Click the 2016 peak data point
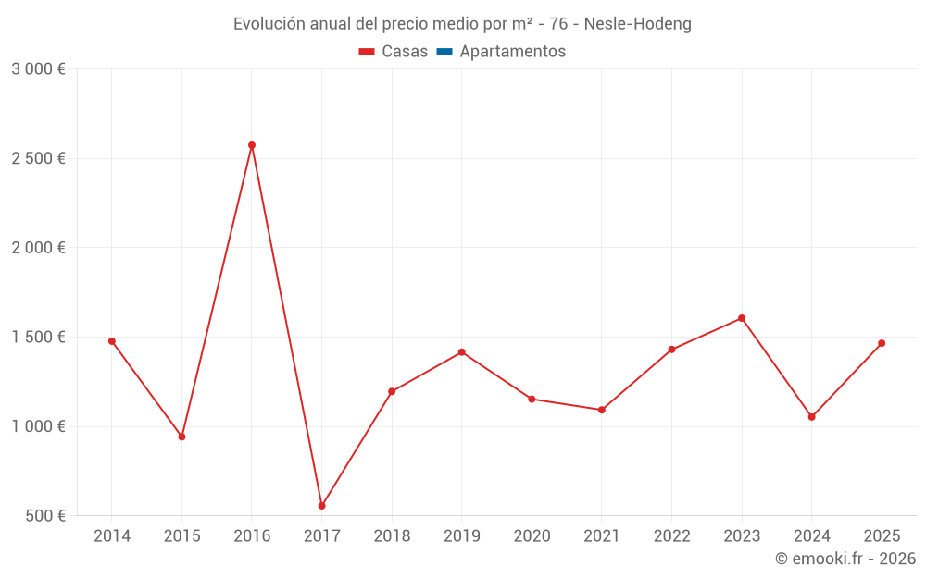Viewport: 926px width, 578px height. [x=252, y=145]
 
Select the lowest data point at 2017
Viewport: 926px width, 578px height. [x=322, y=506]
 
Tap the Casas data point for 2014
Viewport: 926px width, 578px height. [x=112, y=341]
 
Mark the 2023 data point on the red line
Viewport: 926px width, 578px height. [x=742, y=318]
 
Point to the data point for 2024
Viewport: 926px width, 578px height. [x=812, y=417]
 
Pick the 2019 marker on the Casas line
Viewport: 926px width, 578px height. [x=462, y=352]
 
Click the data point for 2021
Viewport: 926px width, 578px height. [x=602, y=410]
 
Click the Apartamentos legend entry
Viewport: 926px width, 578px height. [x=512, y=52]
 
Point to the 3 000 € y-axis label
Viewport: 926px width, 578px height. [x=38, y=69]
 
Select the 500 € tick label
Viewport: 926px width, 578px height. [x=44, y=516]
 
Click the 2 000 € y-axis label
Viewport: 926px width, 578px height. [x=38, y=248]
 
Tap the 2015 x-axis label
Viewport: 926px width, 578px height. [x=181, y=536]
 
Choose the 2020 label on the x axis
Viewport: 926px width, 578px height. [x=532, y=536]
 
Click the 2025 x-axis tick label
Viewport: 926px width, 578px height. [x=882, y=536]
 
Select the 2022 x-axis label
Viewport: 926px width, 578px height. [x=671, y=536]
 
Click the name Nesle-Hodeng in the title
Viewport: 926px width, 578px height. [x=637, y=24]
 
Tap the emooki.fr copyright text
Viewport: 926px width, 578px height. [x=845, y=559]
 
